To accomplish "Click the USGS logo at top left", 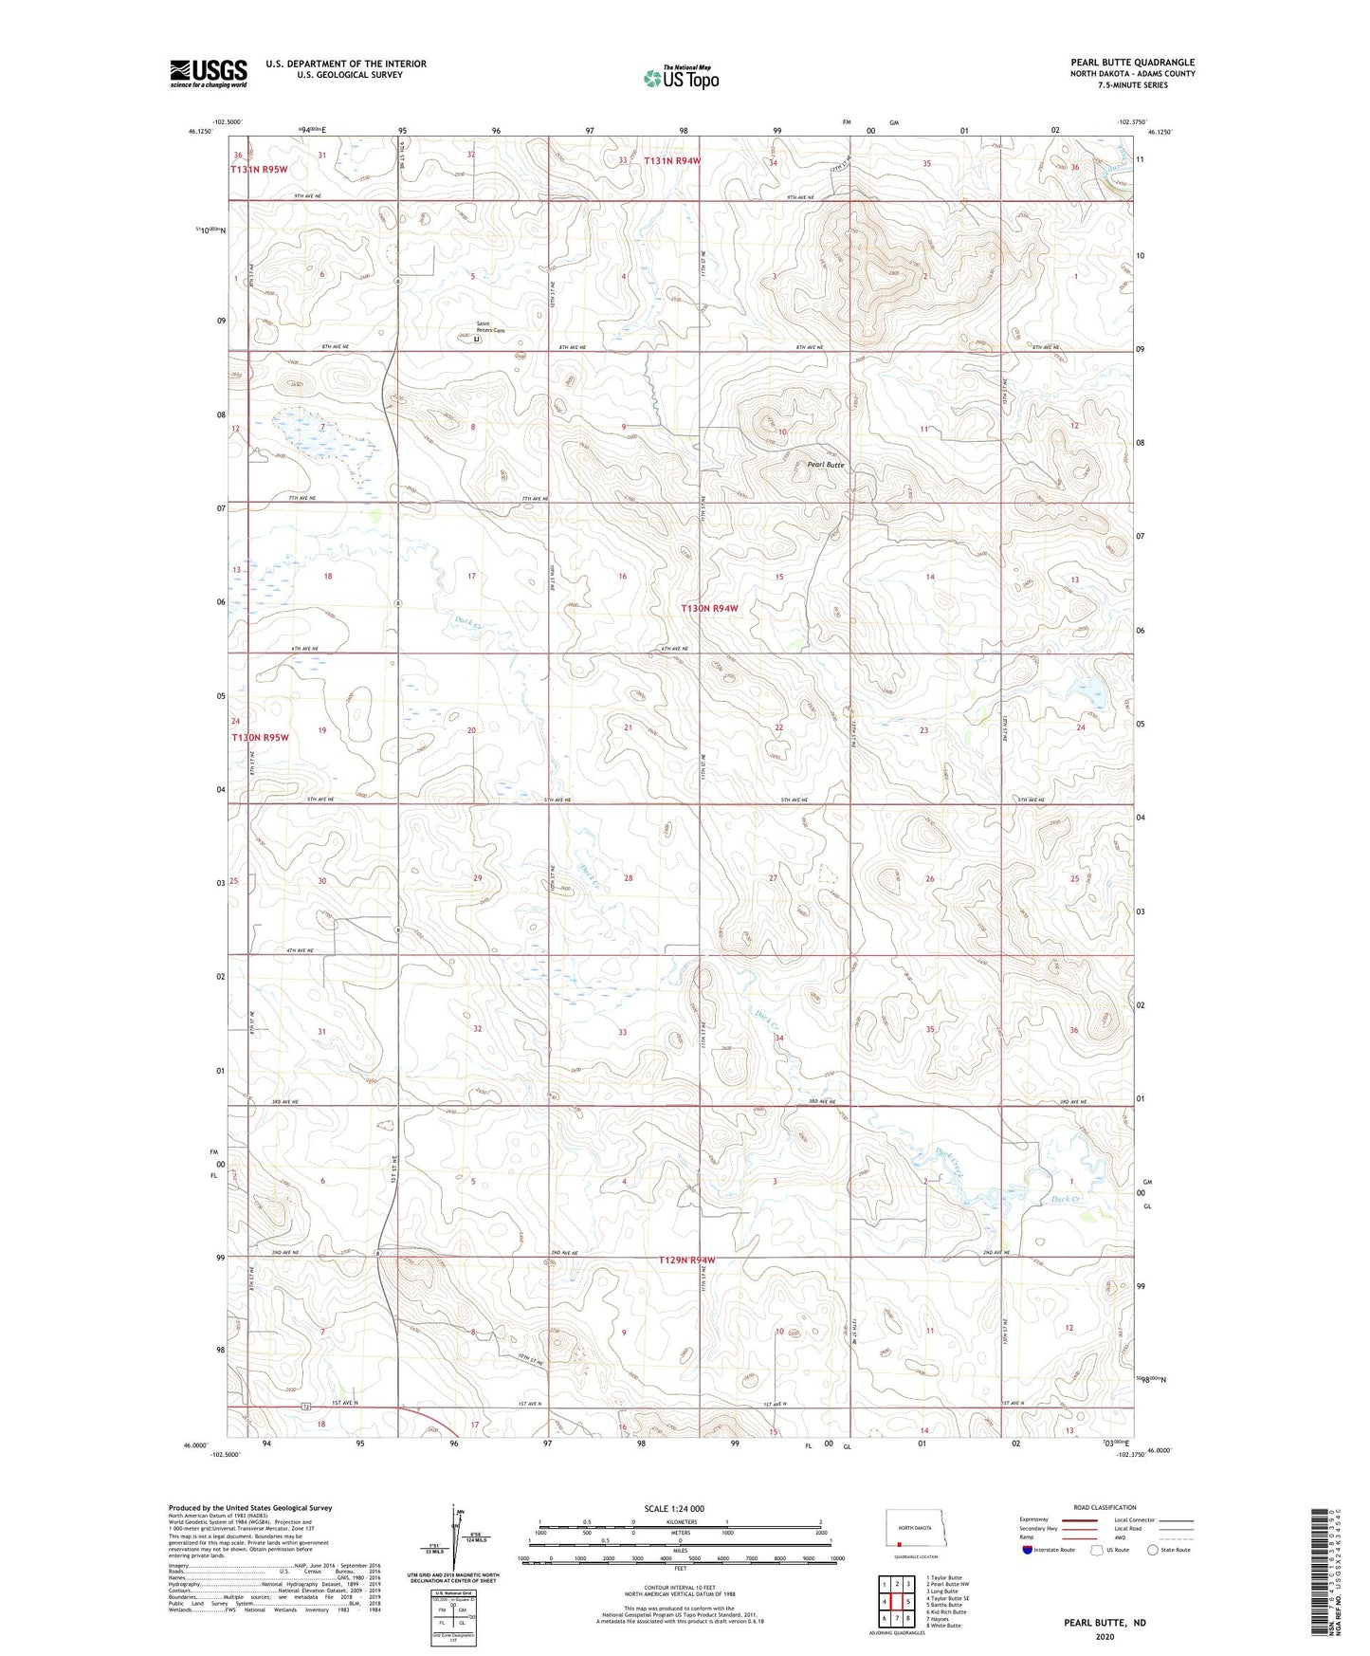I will pos(208,73).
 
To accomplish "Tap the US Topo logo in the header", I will pos(681,78).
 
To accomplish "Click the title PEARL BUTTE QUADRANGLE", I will pos(1132,63).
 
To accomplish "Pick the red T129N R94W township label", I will pos(686,1260).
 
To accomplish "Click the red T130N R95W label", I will pos(260,737).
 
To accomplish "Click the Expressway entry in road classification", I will pos(1034,1518).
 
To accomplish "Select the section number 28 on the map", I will pos(628,878).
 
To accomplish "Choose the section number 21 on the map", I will pos(628,727).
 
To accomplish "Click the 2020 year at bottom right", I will pos(1105,1636).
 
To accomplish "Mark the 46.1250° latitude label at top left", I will pos(201,133).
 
